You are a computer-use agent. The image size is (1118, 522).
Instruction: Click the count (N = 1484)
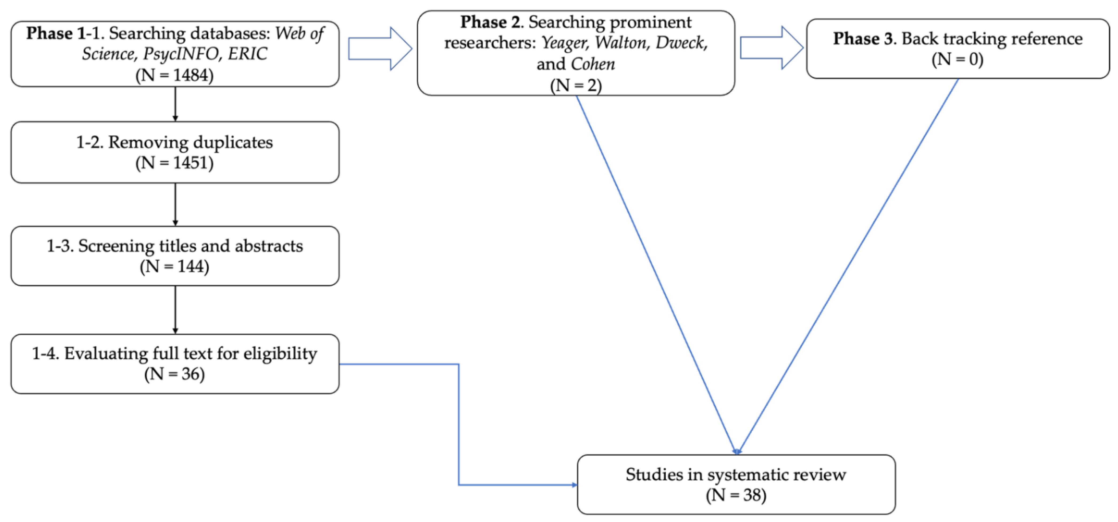pyautogui.click(x=175, y=75)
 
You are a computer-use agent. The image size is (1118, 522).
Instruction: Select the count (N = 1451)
pyautogui.click(x=175, y=163)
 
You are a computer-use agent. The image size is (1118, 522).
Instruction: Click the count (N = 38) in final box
pyautogui.click(x=736, y=495)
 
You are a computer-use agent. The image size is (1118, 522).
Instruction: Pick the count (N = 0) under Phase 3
pyautogui.click(x=957, y=59)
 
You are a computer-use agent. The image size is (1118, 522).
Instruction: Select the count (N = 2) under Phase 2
pyautogui.click(x=576, y=85)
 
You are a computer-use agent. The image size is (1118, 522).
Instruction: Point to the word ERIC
pyautogui.click(x=247, y=54)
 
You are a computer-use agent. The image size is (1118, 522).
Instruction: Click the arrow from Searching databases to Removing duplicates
pyautogui.click(x=175, y=104)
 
